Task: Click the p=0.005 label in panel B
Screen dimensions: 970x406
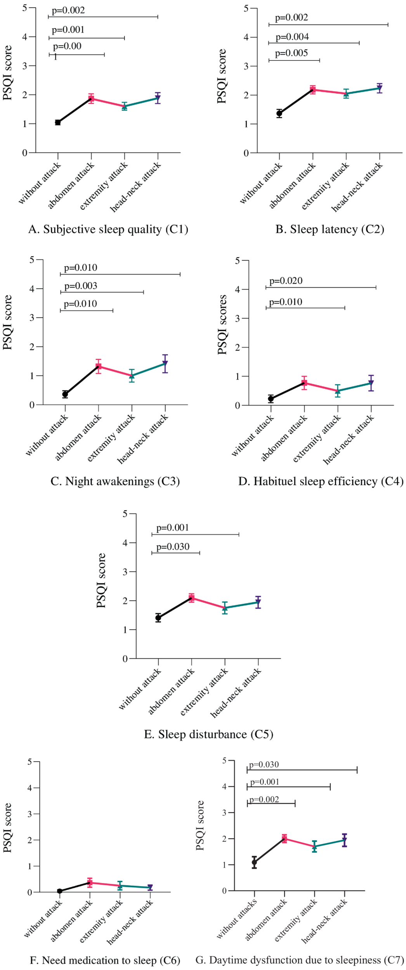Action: pos(291,53)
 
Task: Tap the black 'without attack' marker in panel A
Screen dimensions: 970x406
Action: pos(58,123)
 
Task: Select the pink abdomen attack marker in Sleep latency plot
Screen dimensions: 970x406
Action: pos(312,90)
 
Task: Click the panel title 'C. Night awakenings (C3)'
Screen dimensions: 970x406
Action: pos(115,481)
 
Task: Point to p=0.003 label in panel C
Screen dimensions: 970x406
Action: pos(81,286)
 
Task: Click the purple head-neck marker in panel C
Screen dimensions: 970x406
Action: pos(165,364)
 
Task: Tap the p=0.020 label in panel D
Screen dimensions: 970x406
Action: pos(286,281)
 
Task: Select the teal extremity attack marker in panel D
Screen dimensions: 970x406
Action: pos(338,391)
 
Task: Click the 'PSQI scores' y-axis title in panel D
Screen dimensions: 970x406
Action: pos(222,324)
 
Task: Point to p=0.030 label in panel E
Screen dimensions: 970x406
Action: pos(173,547)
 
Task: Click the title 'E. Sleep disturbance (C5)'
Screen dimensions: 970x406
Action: pos(208,734)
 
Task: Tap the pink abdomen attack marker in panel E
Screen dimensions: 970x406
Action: pos(191,598)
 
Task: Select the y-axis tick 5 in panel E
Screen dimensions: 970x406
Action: pos(125,514)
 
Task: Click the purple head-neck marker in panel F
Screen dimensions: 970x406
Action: pos(150,887)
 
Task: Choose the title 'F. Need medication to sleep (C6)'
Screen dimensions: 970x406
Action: pos(105,960)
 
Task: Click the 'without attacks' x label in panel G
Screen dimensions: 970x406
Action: pos(237,919)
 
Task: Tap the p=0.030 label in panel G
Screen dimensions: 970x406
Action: pos(264,765)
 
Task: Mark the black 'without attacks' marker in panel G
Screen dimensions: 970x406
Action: pos(254,863)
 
